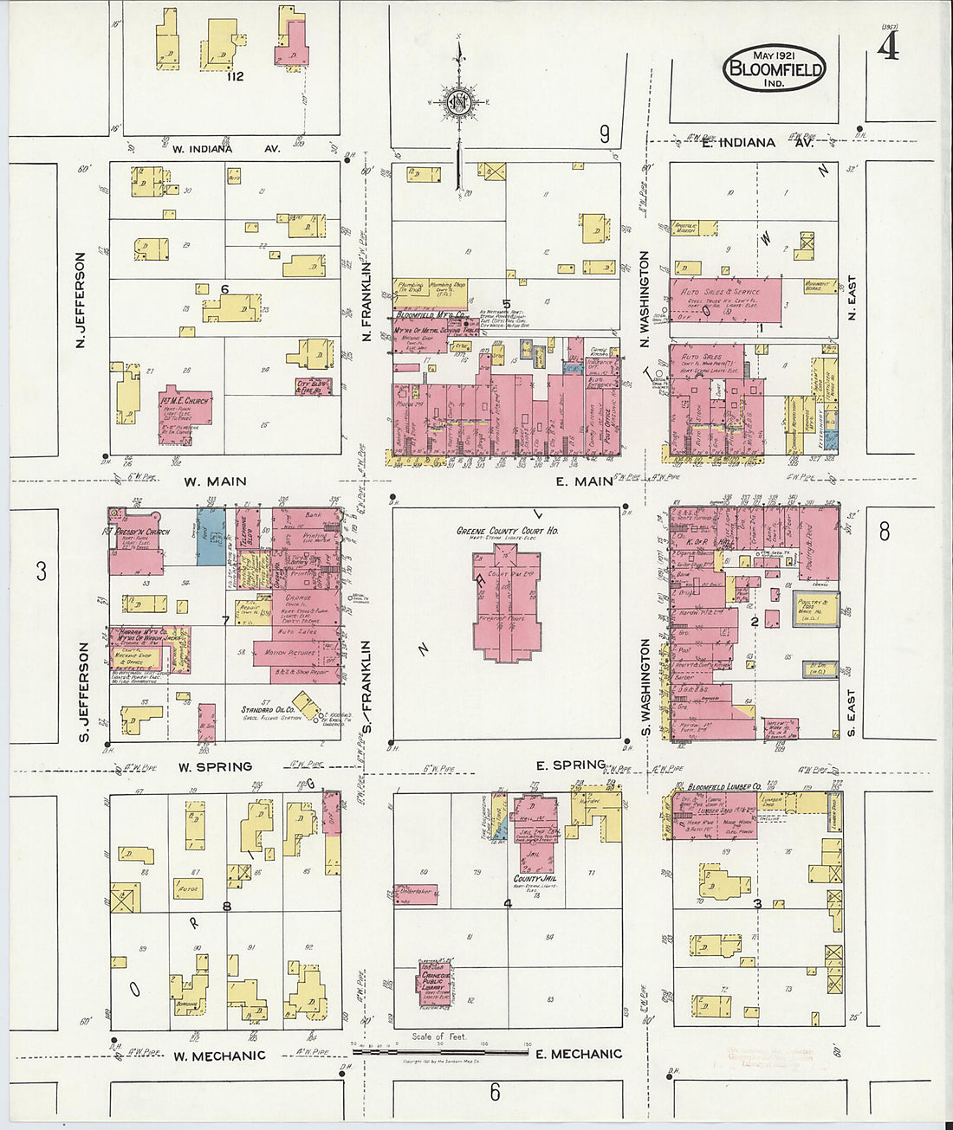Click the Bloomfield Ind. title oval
774,70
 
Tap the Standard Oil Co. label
269,709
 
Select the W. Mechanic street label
219,1056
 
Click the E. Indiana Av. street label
739,143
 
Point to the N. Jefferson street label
81,300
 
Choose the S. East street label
852,713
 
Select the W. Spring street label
215,766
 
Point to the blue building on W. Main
211,537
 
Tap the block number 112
233,76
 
